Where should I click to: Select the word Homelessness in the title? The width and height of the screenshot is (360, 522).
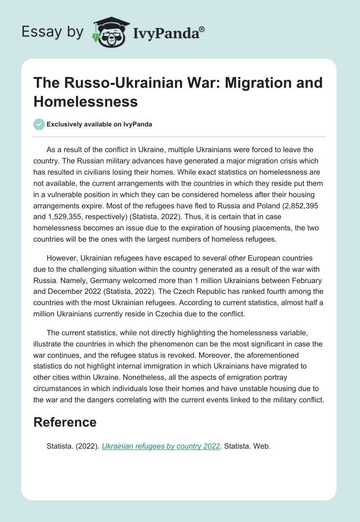(85, 102)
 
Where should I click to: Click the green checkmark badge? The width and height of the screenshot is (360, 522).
(39, 124)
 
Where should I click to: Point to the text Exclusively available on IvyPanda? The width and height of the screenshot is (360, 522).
(99, 125)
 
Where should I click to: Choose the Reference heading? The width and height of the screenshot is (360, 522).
(65, 422)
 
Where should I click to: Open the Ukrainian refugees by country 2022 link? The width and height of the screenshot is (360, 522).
(161, 446)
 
